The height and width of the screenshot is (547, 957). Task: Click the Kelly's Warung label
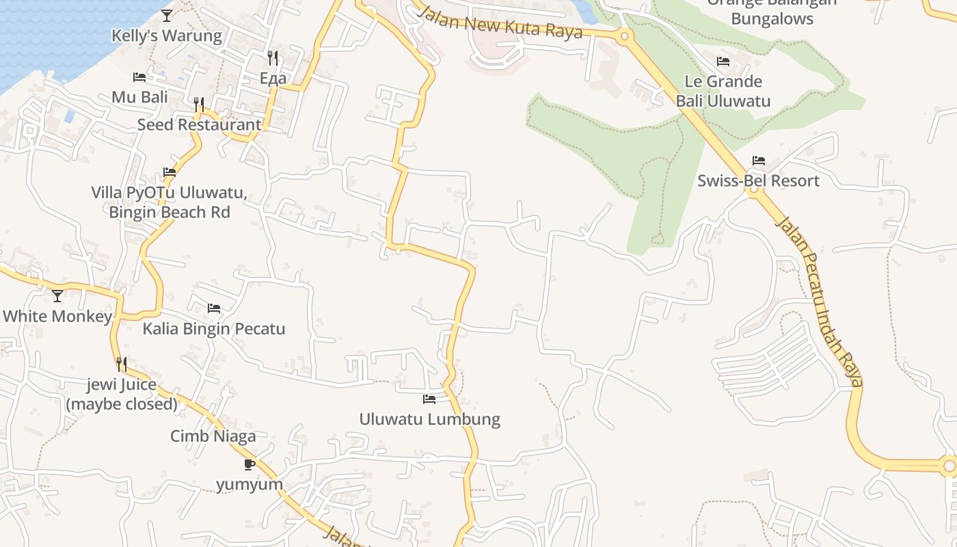coord(167,36)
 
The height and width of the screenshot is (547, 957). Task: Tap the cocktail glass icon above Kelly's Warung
coord(167,15)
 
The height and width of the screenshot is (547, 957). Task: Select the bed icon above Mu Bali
coord(139,77)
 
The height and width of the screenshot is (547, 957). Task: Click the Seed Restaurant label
coord(199,124)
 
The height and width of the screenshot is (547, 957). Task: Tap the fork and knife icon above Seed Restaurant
coord(199,104)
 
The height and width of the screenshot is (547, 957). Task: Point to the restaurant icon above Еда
coord(273,57)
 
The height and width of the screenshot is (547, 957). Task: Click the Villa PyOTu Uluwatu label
coord(169,192)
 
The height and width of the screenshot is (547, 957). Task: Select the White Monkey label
coord(57,317)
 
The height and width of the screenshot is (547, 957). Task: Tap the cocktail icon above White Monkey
coord(57,296)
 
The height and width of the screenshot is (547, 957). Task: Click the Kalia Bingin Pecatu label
coord(213,329)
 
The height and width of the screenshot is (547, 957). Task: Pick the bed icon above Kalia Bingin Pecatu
coord(214,308)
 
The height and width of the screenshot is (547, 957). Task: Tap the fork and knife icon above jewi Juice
coord(121,364)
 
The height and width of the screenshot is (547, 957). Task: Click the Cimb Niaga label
coord(213,436)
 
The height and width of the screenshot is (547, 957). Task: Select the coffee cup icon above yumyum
coord(250,465)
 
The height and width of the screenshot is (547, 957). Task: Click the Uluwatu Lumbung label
coord(429,419)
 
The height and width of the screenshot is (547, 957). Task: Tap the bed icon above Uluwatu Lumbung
coord(429,399)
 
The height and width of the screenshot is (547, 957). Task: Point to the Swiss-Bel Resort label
coord(758,181)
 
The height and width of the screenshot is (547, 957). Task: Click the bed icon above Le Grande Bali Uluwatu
coord(723,62)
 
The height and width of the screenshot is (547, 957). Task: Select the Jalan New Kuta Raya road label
coord(500,23)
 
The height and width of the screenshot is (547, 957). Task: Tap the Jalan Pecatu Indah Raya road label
coord(820,301)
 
